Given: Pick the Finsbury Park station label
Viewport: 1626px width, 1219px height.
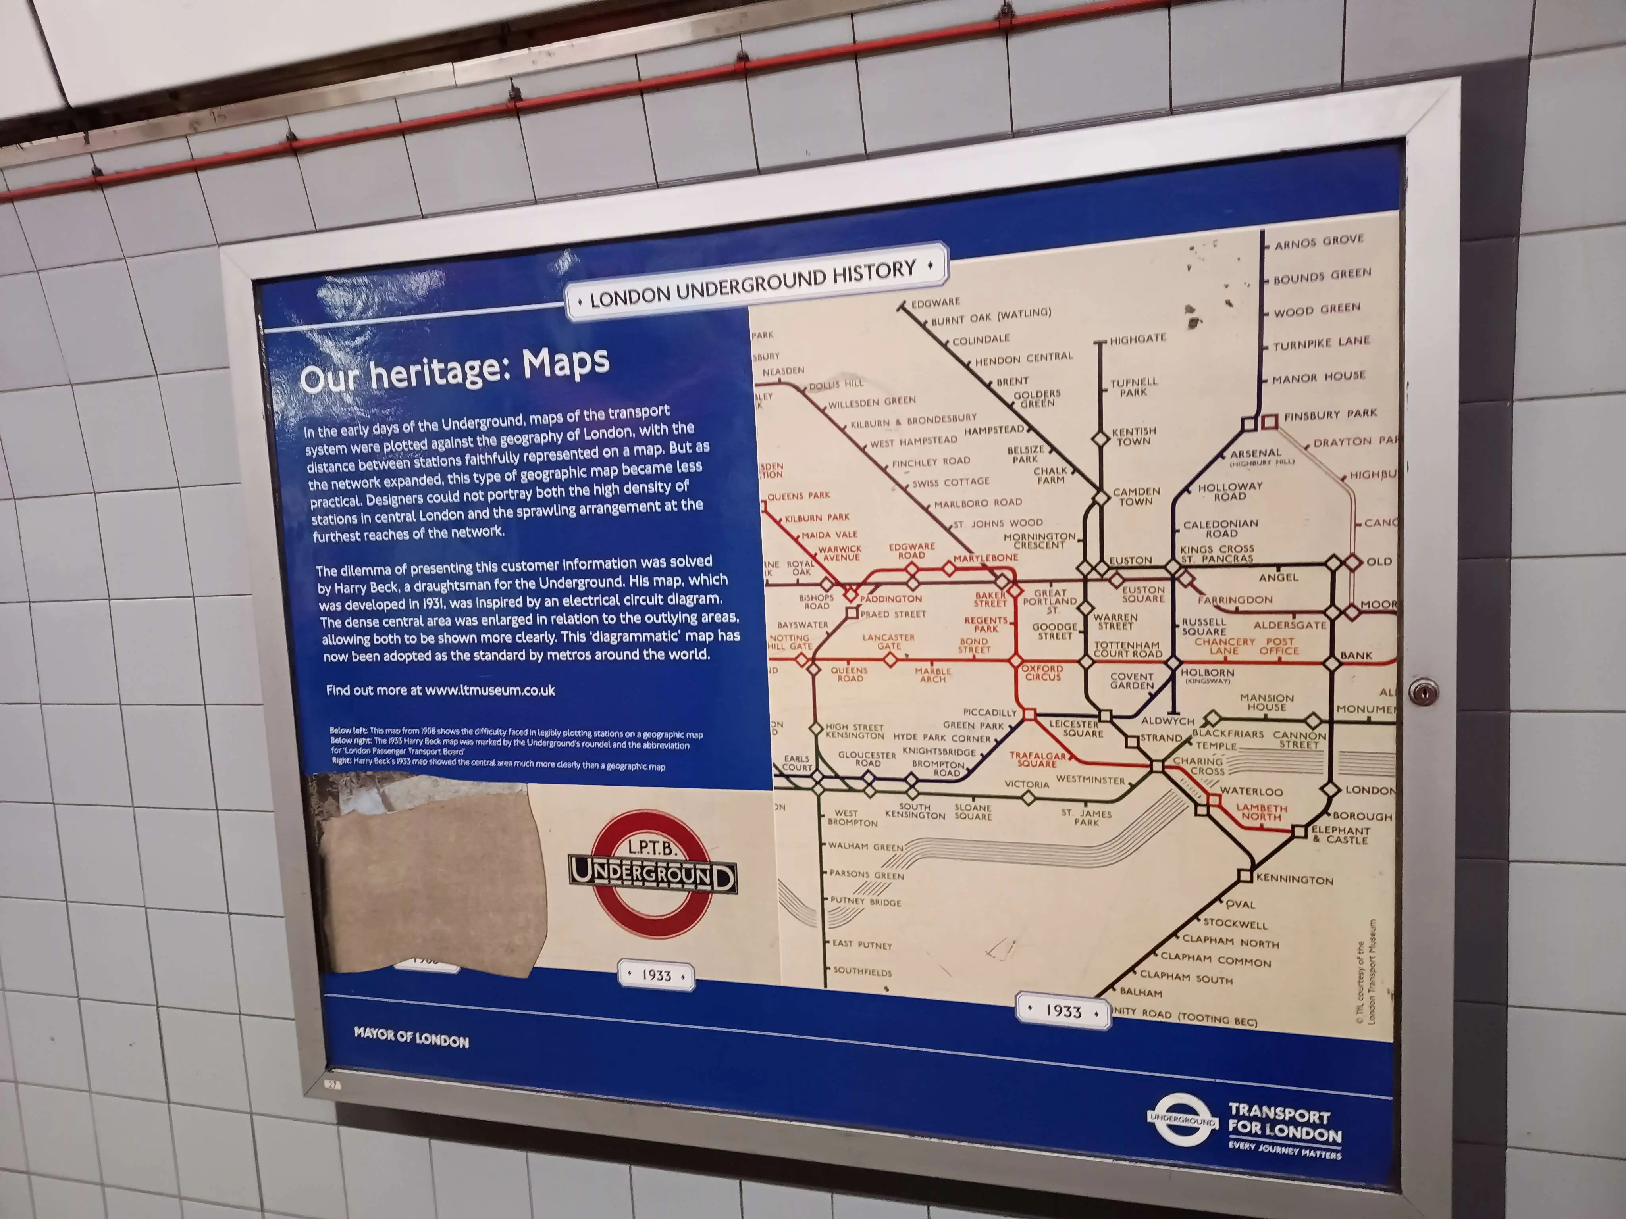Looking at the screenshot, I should click(1330, 414).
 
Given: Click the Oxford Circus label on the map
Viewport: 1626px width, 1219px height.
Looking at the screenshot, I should click(1042, 672).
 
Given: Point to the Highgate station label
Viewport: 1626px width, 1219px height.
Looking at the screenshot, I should click(1138, 339).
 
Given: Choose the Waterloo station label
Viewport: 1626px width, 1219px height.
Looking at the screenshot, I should click(1251, 791).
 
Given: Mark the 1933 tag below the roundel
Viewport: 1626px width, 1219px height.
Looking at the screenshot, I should click(657, 975).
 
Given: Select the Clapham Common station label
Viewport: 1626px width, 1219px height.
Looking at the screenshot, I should click(1215, 959).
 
